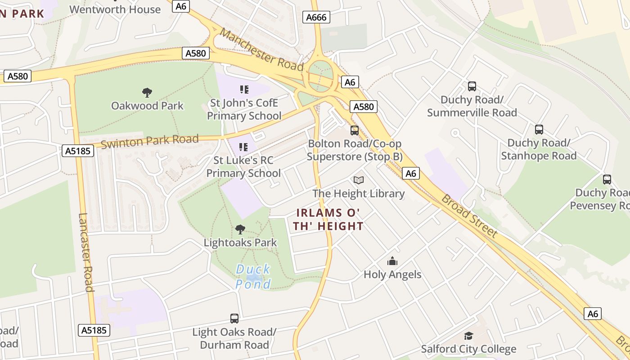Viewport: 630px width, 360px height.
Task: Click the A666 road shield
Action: click(317, 17)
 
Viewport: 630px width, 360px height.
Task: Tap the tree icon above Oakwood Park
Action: click(147, 93)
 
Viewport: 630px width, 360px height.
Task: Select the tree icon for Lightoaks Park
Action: click(240, 229)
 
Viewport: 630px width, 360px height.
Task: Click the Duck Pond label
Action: click(253, 277)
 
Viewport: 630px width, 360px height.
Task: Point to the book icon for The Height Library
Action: click(359, 180)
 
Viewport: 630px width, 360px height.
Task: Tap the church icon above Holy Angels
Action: click(392, 261)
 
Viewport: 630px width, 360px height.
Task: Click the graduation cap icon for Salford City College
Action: click(468, 336)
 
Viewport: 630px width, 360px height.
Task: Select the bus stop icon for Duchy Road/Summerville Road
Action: click(472, 86)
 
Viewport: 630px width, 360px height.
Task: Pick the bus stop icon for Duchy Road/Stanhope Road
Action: click(539, 130)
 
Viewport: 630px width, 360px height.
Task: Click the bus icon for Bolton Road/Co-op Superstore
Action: click(355, 130)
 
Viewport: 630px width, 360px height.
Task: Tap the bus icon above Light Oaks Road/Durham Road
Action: click(234, 319)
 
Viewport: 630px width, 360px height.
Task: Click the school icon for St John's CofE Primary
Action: click(244, 90)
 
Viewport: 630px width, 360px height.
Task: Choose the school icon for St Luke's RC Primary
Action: click(243, 147)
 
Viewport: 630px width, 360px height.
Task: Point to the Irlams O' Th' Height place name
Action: click(329, 219)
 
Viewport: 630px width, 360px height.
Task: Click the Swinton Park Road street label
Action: click(149, 141)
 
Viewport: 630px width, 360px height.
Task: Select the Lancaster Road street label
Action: click(85, 252)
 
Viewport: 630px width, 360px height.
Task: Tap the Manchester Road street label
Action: click(262, 49)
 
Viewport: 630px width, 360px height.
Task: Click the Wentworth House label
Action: click(115, 9)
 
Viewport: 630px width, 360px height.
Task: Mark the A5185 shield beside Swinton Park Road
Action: click(77, 151)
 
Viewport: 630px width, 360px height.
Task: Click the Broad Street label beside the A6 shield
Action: click(469, 216)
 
